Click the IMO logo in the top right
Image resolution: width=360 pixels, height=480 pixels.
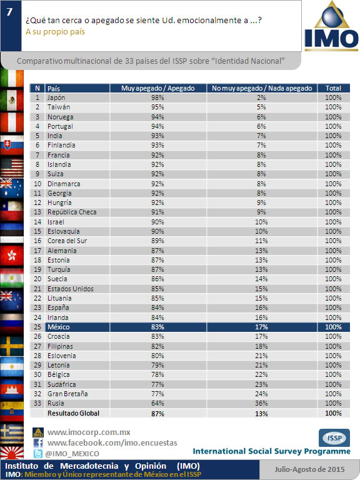click(x=331, y=26)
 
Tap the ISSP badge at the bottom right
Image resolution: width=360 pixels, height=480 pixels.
click(x=334, y=437)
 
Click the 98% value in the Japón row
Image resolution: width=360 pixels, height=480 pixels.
click(x=157, y=97)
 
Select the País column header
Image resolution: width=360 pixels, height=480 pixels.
click(x=54, y=89)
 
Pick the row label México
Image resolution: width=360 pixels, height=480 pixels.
click(x=59, y=327)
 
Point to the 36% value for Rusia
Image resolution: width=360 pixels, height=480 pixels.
click(x=261, y=403)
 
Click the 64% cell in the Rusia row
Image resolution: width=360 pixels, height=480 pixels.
click(x=157, y=403)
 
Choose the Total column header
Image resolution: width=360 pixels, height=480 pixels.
click(x=333, y=88)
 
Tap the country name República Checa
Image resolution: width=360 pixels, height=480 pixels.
click(x=72, y=212)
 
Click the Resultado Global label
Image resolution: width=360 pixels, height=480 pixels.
click(x=74, y=413)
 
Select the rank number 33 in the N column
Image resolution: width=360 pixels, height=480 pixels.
click(x=37, y=403)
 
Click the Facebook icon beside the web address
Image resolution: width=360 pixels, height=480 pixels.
click(x=38, y=443)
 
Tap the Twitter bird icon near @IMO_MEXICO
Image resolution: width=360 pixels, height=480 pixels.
click(x=38, y=453)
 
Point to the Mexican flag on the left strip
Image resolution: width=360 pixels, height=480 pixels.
click(x=12, y=100)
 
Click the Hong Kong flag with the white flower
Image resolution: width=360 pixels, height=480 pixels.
click(x=12, y=255)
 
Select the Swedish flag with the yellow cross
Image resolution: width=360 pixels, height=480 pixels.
click(x=12, y=346)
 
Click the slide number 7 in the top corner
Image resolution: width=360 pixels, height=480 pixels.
click(x=9, y=12)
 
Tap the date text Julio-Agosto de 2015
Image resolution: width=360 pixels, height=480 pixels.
click(x=309, y=469)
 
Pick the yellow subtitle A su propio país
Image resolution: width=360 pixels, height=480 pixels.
click(x=55, y=32)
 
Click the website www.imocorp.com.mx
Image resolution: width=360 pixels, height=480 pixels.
click(x=89, y=432)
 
